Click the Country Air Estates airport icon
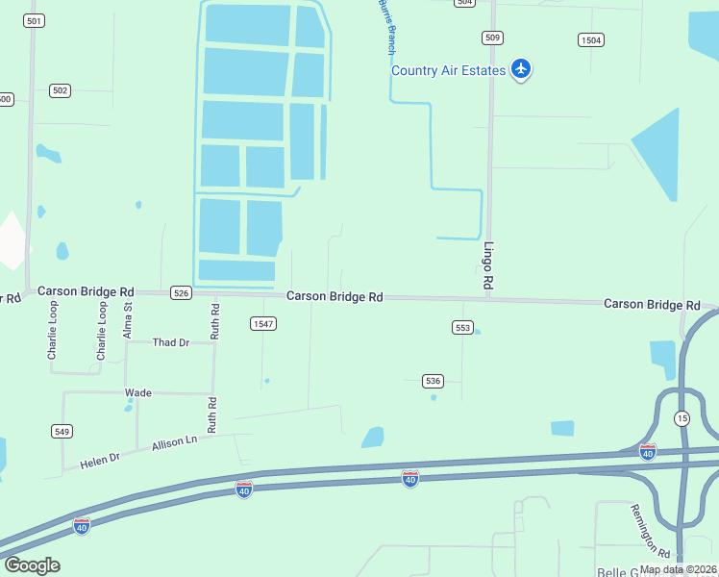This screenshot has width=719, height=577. [521, 68]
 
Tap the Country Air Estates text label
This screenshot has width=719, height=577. [448, 70]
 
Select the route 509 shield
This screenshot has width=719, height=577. [492, 38]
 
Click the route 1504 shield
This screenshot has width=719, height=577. [591, 39]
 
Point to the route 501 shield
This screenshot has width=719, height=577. [35, 20]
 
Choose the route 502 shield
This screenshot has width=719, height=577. [61, 90]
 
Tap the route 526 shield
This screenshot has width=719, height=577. [180, 292]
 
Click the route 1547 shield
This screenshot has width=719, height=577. [263, 324]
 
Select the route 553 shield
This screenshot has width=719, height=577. [462, 328]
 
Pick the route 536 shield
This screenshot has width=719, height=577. [434, 381]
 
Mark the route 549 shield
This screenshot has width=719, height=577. [62, 432]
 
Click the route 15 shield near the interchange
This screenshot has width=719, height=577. [682, 418]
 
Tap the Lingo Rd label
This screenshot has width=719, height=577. [488, 265]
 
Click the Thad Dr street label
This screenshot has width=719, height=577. [170, 342]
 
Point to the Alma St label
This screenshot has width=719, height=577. [128, 318]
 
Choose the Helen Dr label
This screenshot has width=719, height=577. [99, 461]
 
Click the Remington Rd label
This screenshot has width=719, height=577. [651, 531]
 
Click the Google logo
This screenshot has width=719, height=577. [32, 564]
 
